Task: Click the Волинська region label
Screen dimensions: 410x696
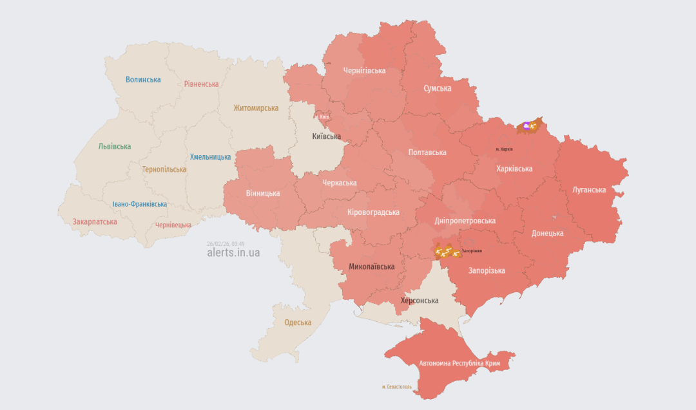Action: [x=143, y=79]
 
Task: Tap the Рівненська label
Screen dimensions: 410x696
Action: [x=201, y=84]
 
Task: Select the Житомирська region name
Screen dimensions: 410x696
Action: [x=256, y=108]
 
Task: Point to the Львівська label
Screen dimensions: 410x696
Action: [x=115, y=146]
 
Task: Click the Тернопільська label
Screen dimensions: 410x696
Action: [x=164, y=169]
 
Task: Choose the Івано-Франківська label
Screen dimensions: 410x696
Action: [x=140, y=204]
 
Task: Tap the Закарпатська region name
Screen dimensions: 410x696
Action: [x=95, y=221]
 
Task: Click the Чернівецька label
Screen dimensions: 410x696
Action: [x=173, y=225]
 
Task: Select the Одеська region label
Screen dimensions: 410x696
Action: [x=298, y=322]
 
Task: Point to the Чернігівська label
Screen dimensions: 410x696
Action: [x=364, y=71]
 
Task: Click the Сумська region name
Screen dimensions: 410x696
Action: [x=438, y=88]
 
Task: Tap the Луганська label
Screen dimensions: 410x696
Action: [x=589, y=190]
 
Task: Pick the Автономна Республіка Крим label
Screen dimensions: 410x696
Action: [x=459, y=364]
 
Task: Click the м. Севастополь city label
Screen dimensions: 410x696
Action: [x=396, y=387]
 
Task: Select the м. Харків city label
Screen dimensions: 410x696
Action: [x=504, y=149]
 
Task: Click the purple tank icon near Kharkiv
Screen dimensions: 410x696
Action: [x=527, y=126]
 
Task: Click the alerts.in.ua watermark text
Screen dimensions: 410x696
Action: [x=233, y=252]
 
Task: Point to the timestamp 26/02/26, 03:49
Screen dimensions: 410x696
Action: [x=226, y=243]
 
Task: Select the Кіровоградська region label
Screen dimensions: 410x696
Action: [x=373, y=212]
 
